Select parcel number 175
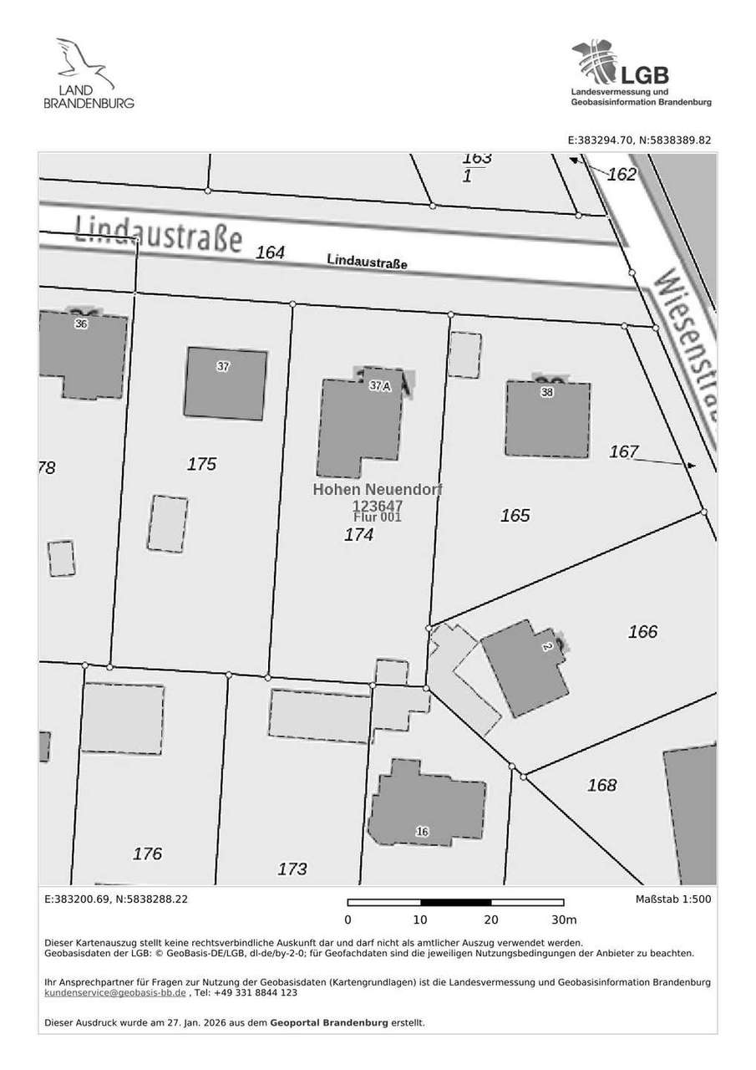point(202,464)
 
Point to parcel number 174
point(359,535)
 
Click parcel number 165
point(515,516)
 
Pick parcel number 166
point(642,632)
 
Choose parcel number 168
point(601,785)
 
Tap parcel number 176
point(147,853)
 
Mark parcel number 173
point(292,869)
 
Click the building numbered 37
point(226,383)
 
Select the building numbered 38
point(548,418)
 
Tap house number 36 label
point(80,324)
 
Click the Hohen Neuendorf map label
point(378,489)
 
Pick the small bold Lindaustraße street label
point(367,262)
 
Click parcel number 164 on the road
point(270,252)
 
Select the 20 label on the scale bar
point(490,920)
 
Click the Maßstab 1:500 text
point(672,899)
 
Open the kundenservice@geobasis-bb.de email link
point(114,993)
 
